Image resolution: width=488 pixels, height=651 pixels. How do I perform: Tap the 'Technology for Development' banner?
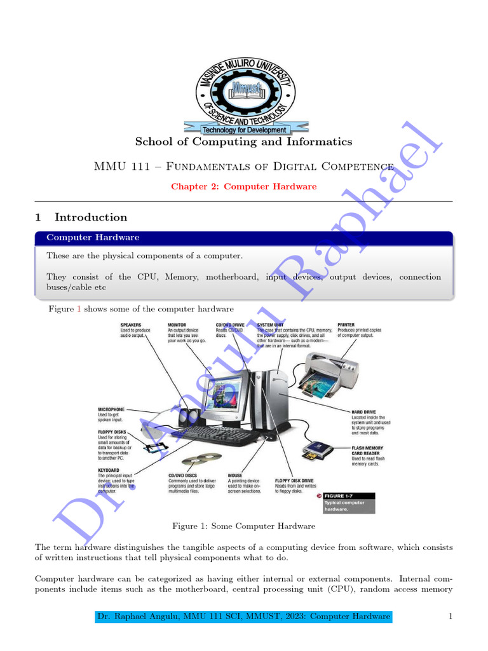244,130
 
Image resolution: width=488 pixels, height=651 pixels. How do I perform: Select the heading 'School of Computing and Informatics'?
243,142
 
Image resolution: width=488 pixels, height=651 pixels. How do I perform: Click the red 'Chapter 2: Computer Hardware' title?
243,186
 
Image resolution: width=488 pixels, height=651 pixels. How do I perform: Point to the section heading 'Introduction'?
91,217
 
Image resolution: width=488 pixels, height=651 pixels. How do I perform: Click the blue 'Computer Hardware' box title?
93,237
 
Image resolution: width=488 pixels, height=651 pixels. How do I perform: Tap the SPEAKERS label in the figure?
132,325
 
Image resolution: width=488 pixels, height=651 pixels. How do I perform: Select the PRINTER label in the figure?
346,325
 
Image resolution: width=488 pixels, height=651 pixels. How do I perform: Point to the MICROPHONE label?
111,409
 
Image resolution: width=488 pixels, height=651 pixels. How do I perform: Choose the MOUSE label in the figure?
234,475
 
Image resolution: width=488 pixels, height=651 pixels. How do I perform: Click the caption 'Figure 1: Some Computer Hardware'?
243,526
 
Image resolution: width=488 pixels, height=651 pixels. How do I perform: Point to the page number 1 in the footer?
450,617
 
